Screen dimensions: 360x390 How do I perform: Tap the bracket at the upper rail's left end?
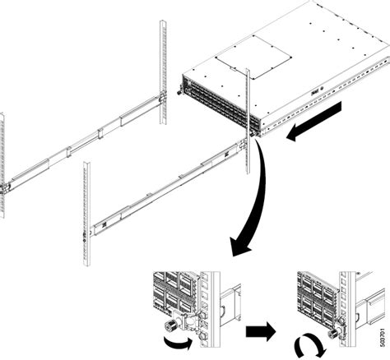pyautogui.click(x=7, y=186)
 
